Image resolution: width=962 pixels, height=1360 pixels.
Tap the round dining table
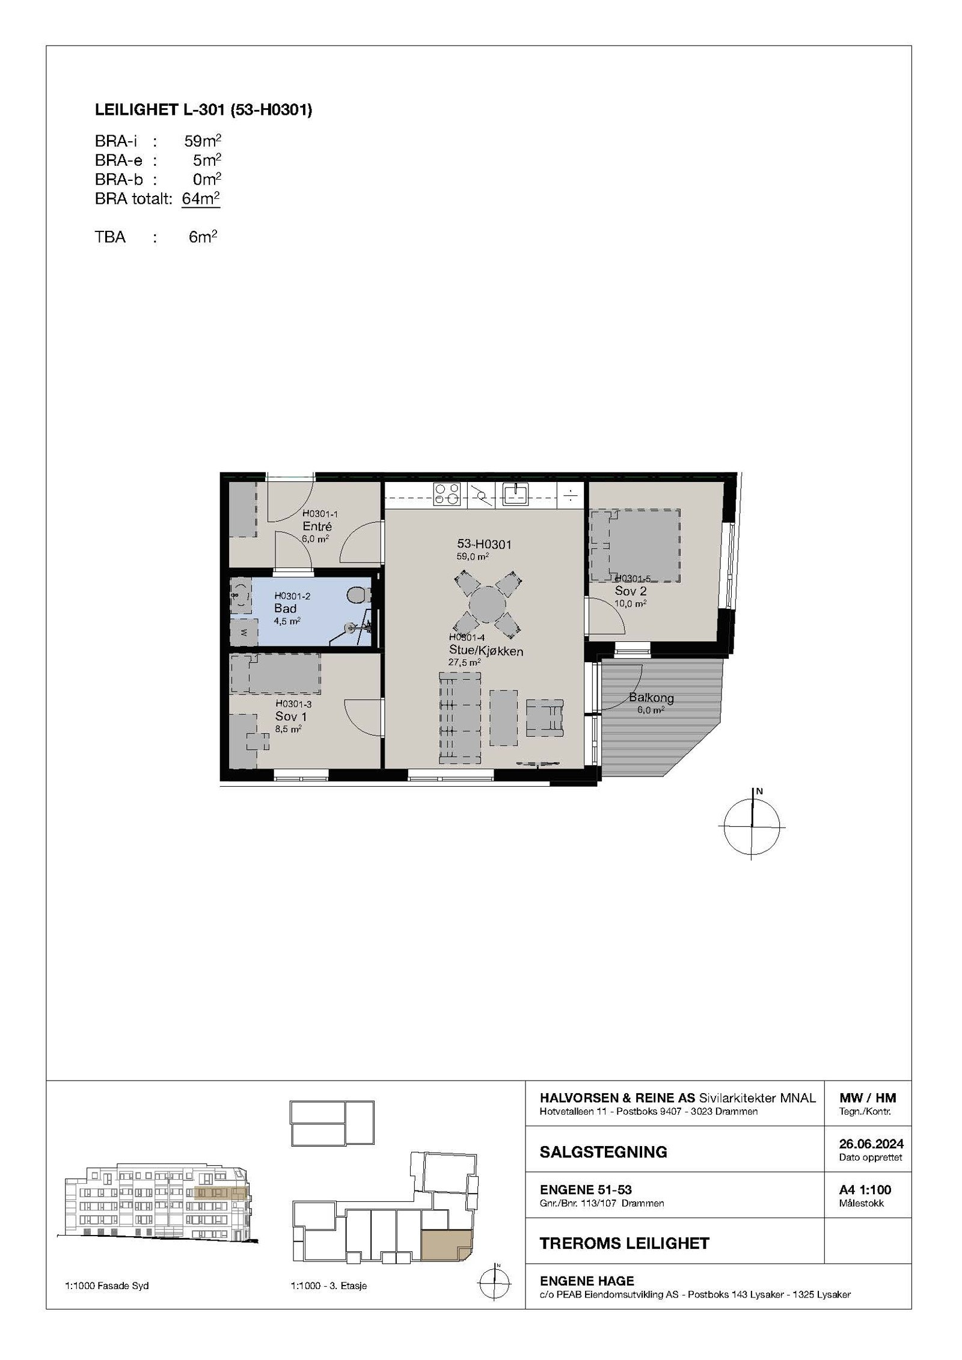pyautogui.click(x=488, y=605)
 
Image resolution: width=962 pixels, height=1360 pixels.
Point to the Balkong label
pyautogui.click(x=651, y=698)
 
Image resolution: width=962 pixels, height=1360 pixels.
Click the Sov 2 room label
pyautogui.click(x=630, y=591)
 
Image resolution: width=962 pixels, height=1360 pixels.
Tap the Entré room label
pyautogui.click(x=317, y=526)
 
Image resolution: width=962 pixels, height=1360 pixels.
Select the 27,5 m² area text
pyautogui.click(x=464, y=662)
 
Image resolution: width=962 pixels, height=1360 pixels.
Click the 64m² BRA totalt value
pyautogui.click(x=201, y=198)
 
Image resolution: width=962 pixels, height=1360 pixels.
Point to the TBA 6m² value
pyautogui.click(x=203, y=237)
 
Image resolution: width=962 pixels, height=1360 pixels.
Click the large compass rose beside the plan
pyautogui.click(x=752, y=826)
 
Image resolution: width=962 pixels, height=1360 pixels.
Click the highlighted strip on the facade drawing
pyautogui.click(x=220, y=1194)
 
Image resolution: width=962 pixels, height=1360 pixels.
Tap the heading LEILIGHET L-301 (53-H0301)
pyautogui.click(x=203, y=110)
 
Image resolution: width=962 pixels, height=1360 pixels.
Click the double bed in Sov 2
pyautogui.click(x=644, y=544)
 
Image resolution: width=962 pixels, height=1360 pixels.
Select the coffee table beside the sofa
pyautogui.click(x=503, y=717)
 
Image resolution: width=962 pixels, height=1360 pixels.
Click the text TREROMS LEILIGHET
pyautogui.click(x=624, y=1243)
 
